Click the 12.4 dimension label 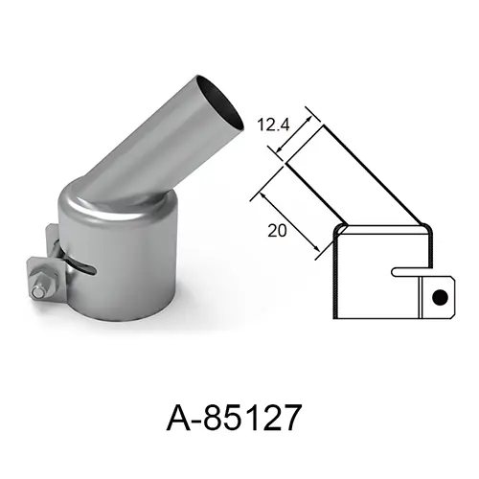pyautogui.click(x=273, y=125)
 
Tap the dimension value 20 pyautogui.click(x=277, y=231)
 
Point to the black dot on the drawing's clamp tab pyautogui.click(x=440, y=297)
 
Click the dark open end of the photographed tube pyautogui.click(x=219, y=103)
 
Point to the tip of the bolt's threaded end pyautogui.click(x=35, y=292)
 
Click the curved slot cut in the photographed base pyautogui.click(x=82, y=267)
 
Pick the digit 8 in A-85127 pyautogui.click(x=215, y=418)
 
